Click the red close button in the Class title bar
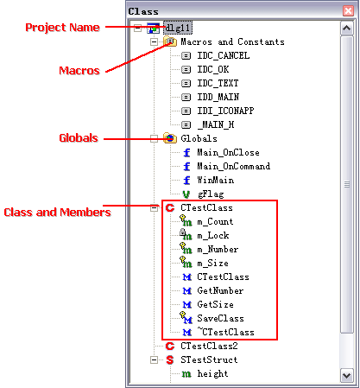pyautogui.click(x=348, y=11)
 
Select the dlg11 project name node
pyautogui.click(x=178, y=28)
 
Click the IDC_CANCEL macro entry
pyautogui.click(x=224, y=55)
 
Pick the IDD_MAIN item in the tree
pyautogui.click(x=218, y=97)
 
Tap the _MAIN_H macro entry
pyautogui.click(x=216, y=124)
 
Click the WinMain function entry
pyautogui.click(x=216, y=180)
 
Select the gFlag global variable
pyautogui.click(x=211, y=194)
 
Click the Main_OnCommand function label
pyautogui.click(x=234, y=166)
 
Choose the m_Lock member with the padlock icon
pyautogui.click(x=213, y=236)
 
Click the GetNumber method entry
pyautogui.click(x=220, y=290)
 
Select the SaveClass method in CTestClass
pyautogui.click(x=220, y=318)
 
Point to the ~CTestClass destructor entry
pyautogui.click(x=225, y=332)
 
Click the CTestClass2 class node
pyautogui.click(x=209, y=346)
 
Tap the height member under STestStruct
pyautogui.click(x=212, y=373)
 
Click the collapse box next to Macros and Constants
pyautogui.click(x=154, y=42)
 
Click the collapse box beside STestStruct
pyautogui.click(x=154, y=360)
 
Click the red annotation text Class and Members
pyautogui.click(x=57, y=213)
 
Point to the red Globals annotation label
pyautogui.click(x=79, y=138)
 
